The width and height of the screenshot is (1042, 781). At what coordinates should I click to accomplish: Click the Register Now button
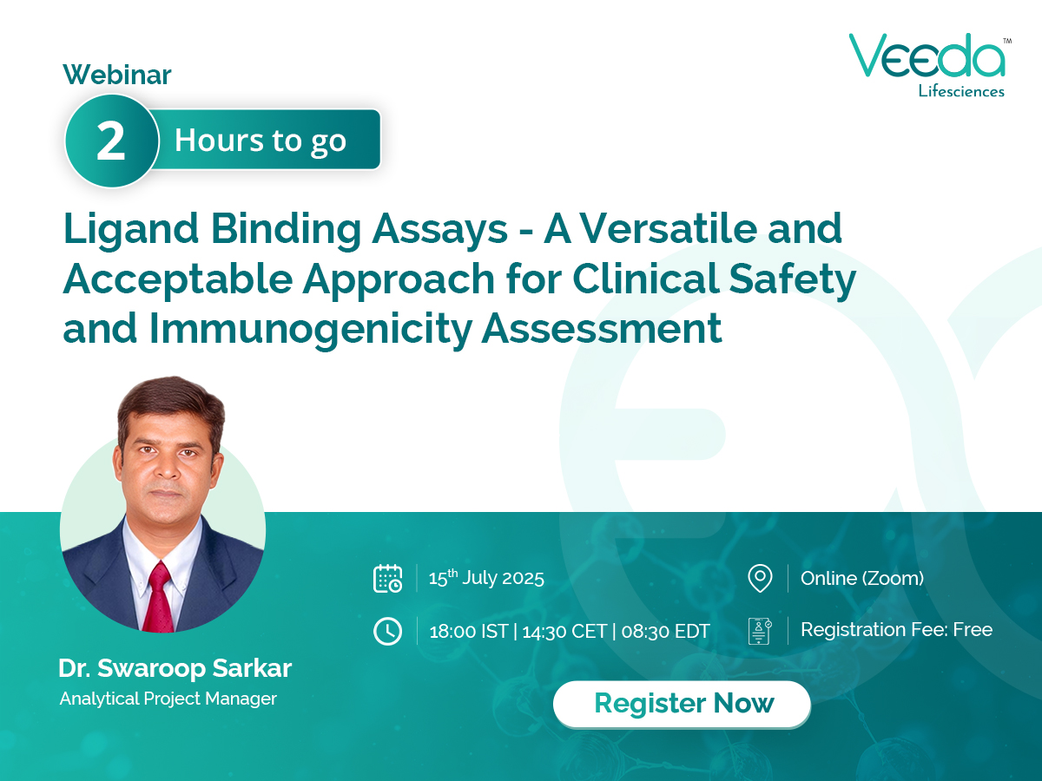[x=683, y=703]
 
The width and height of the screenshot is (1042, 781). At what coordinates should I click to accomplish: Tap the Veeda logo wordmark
[x=926, y=57]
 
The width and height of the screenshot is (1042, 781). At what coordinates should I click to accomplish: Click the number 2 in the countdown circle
[x=110, y=141]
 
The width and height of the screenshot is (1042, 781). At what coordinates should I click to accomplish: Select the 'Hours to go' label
[x=260, y=140]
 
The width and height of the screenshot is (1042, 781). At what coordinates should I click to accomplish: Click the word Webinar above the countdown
[x=117, y=75]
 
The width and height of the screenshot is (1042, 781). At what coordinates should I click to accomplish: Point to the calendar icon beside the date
[x=387, y=578]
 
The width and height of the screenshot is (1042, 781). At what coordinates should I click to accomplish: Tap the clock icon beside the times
[x=387, y=631]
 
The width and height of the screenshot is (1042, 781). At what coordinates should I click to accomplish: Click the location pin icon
[x=760, y=578]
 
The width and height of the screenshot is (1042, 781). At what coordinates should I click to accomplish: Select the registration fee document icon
[x=760, y=631]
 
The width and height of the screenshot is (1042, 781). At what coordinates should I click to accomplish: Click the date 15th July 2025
[x=486, y=578]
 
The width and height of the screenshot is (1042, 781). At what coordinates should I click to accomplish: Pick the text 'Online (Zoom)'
[x=861, y=578]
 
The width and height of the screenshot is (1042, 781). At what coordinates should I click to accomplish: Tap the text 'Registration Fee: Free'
[x=896, y=630]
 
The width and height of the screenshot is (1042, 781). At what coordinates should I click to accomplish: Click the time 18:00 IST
[x=468, y=631]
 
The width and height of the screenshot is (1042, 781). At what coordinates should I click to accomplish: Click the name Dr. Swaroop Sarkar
[x=175, y=668]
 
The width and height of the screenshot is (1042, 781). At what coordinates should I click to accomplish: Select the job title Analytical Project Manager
[x=168, y=698]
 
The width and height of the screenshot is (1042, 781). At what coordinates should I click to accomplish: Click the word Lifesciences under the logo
[x=961, y=90]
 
